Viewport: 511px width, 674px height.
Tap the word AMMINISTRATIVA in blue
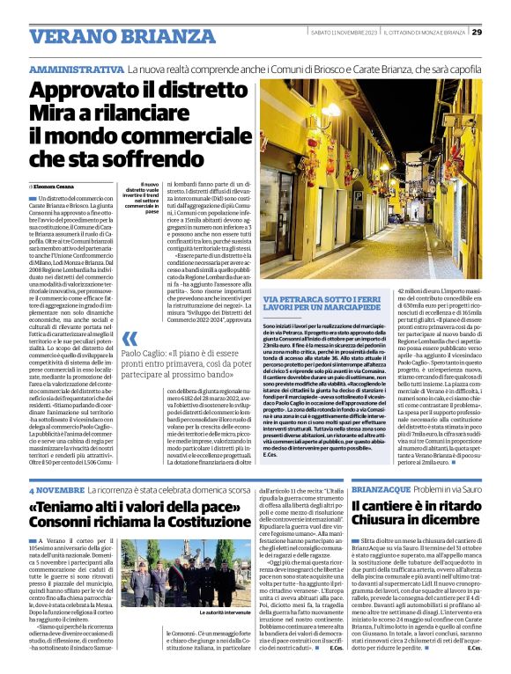click(x=76, y=69)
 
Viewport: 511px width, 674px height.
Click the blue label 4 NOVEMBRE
click(x=56, y=489)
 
